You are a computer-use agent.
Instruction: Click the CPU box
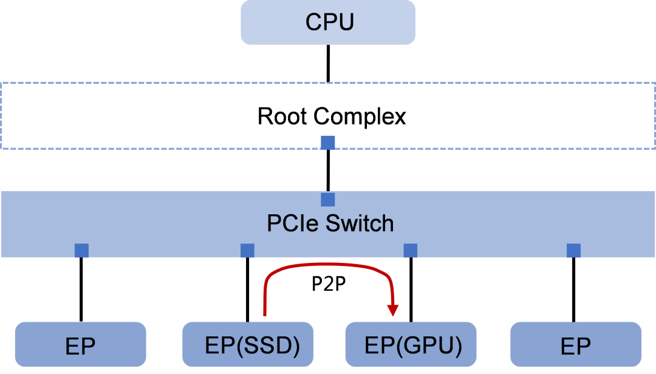(328, 22)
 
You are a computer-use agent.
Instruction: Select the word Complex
(361, 116)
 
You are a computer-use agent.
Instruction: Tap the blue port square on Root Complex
(328, 143)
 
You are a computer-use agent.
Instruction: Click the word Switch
(360, 223)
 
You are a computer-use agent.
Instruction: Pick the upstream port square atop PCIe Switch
(328, 200)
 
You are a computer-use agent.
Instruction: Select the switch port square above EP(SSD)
(247, 250)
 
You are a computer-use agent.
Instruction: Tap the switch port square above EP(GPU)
(411, 250)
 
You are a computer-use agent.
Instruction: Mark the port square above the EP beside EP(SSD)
(81, 250)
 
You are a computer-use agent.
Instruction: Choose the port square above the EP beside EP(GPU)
(573, 250)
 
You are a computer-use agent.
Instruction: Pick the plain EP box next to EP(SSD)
(80, 345)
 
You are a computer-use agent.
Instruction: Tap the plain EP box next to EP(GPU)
(576, 345)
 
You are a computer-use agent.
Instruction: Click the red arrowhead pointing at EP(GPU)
(394, 310)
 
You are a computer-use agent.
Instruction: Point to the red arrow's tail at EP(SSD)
(265, 313)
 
